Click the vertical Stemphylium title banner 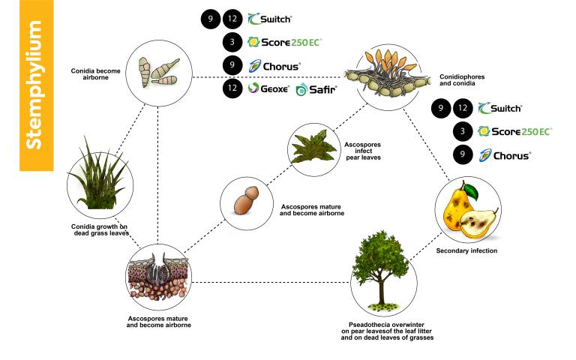point(36,85)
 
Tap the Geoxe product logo point(268,88)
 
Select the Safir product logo point(316,89)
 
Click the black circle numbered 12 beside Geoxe point(232,88)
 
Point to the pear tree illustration point(380,270)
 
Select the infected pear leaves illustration point(313,147)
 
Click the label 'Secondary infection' point(466,250)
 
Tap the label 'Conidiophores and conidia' point(462,80)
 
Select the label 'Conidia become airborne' point(95,74)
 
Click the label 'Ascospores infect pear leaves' point(363,151)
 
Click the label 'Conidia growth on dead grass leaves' point(100,230)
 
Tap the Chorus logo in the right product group point(505,156)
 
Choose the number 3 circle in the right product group point(463,131)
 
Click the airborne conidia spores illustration point(158,72)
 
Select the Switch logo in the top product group point(270,19)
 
